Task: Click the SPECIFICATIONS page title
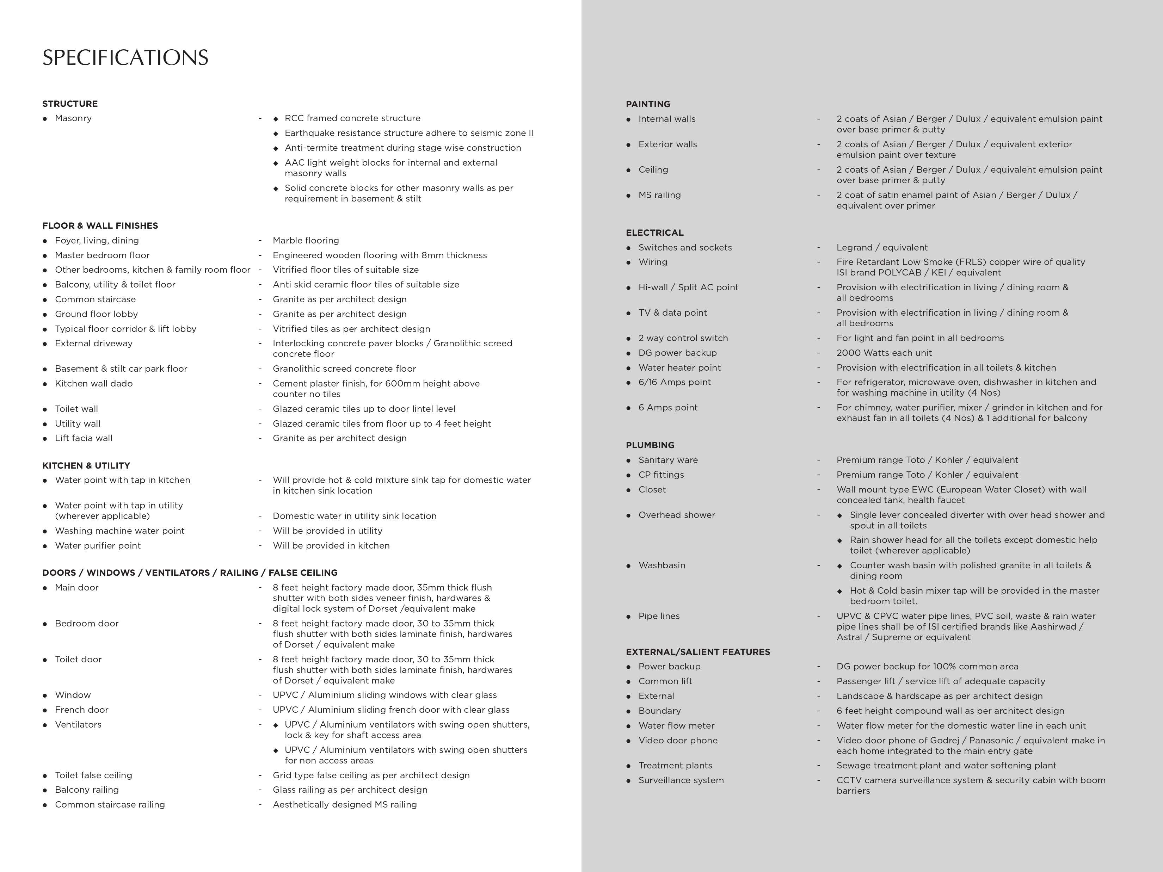click(125, 58)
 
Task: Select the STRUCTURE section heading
click(70, 104)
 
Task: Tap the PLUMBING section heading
click(650, 445)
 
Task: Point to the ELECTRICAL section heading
click(654, 232)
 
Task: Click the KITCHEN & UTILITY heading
click(86, 465)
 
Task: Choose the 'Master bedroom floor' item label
click(102, 255)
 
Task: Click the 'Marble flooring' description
click(306, 240)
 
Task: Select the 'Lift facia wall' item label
click(84, 438)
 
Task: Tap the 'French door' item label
click(81, 710)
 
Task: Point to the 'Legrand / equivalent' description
click(882, 247)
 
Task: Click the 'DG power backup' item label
click(677, 353)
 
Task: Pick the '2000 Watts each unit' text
click(884, 353)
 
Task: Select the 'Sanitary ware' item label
click(668, 460)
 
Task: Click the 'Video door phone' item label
click(678, 740)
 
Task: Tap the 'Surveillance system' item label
click(681, 780)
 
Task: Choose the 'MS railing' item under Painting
click(659, 195)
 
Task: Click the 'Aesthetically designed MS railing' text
click(344, 804)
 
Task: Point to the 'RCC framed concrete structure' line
click(352, 118)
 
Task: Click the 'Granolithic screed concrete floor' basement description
click(344, 369)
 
